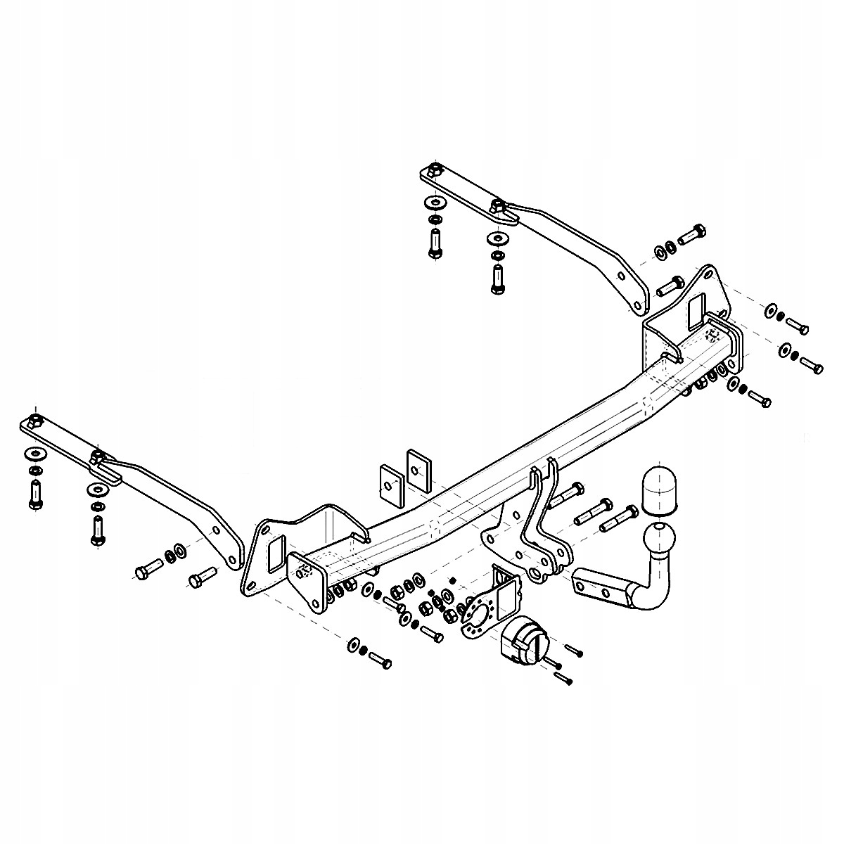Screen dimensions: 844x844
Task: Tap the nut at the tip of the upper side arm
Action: [x=434, y=170]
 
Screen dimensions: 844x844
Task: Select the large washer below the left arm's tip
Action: [x=34, y=452]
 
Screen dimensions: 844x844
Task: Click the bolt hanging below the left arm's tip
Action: [x=34, y=494]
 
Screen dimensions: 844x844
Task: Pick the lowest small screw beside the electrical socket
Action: [x=565, y=678]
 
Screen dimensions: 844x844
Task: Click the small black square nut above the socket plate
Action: [x=453, y=579]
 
